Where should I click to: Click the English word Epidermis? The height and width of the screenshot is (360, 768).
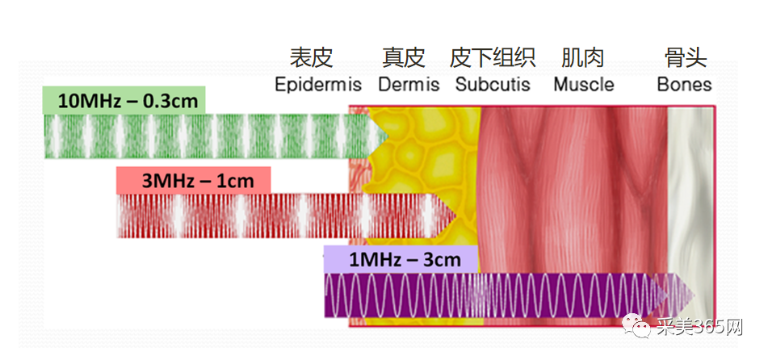[318, 85]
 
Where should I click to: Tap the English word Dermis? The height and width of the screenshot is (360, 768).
[409, 85]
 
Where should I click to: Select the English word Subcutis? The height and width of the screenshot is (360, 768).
[493, 84]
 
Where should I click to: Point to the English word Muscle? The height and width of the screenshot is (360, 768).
[583, 84]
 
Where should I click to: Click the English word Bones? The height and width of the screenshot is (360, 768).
[684, 84]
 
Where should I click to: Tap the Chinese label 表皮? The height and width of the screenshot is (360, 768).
[312, 58]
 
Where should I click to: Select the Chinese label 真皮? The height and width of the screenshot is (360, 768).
[403, 58]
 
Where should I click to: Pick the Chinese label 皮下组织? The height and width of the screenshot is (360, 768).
[493, 58]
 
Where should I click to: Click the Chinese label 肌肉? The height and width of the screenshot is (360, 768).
[582, 58]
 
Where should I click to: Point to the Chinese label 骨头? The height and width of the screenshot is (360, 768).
[686, 58]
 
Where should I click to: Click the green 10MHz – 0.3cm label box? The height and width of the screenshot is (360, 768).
[124, 100]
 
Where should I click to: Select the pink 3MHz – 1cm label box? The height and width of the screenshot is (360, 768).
[194, 180]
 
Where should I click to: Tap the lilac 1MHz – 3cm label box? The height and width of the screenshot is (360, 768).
[401, 259]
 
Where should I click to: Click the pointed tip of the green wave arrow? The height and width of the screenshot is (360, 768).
[388, 136]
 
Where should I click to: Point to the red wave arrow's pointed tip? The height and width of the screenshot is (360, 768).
[456, 216]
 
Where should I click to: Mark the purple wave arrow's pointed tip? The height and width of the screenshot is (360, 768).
[695, 295]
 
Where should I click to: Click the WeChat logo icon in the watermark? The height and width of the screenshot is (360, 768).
[636, 326]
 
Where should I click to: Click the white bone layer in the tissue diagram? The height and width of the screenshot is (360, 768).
[690, 216]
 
